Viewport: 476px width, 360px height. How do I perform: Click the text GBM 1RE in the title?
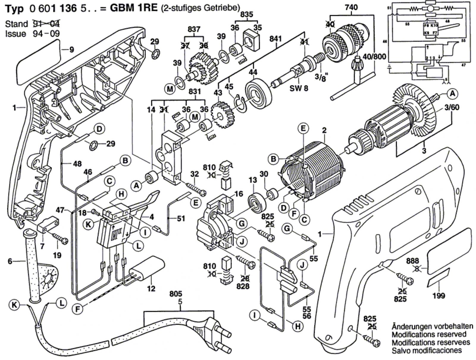coord(134,8)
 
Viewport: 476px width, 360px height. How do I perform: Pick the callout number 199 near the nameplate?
coord(439,295)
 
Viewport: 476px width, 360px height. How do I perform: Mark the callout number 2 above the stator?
coord(324,130)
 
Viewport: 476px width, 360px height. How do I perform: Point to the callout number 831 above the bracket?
coord(195,92)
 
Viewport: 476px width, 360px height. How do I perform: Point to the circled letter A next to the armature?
coord(452,94)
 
